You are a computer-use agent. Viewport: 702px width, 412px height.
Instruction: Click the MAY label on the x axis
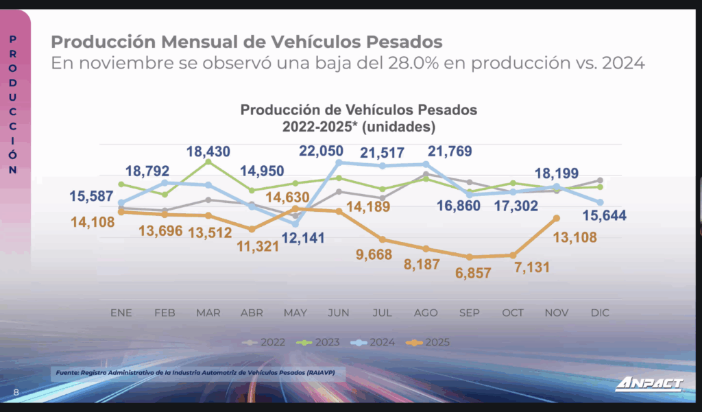click(x=295, y=313)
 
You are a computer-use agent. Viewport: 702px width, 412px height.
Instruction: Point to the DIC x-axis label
click(x=600, y=313)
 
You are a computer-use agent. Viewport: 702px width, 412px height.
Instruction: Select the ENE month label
click(x=121, y=313)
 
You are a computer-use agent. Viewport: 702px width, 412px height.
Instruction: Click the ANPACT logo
click(x=649, y=385)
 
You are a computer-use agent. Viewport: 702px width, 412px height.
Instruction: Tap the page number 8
click(x=16, y=392)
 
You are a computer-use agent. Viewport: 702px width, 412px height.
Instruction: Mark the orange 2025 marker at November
click(x=557, y=218)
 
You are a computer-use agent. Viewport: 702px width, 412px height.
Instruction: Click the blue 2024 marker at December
click(x=600, y=202)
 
